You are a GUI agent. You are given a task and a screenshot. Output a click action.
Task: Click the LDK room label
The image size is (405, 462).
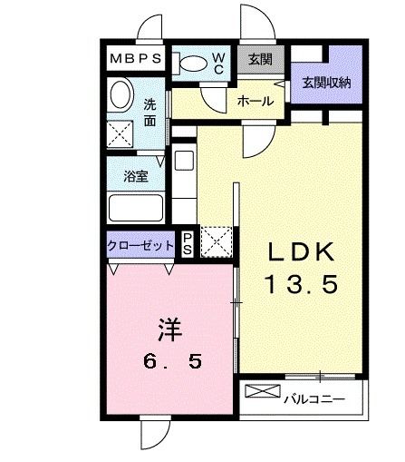302,252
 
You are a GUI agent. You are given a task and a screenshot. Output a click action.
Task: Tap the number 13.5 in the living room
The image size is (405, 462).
302,285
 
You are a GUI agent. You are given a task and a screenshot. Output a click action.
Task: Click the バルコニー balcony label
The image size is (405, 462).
313,397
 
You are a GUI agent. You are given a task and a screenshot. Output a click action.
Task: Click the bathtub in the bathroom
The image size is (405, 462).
136,207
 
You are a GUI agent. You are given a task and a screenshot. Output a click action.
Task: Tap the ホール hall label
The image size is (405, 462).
255,102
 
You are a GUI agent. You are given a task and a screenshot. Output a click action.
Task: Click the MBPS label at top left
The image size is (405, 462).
136,59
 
